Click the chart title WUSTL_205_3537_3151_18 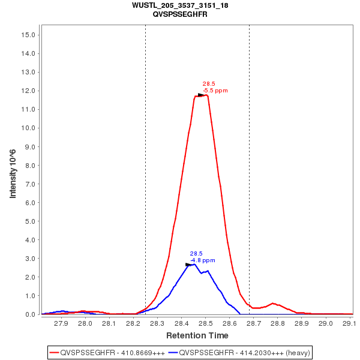(179, 5)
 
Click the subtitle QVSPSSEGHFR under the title (179, 14)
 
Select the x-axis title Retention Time (197, 335)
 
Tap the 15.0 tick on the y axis (30, 35)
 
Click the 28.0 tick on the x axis (85, 323)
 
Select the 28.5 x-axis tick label (205, 323)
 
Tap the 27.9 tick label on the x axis (61, 323)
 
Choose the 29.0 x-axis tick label (325, 323)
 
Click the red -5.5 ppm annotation (215, 91)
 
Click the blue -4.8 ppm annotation (203, 260)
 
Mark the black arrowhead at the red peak (202, 95)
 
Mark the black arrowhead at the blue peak (189, 265)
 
